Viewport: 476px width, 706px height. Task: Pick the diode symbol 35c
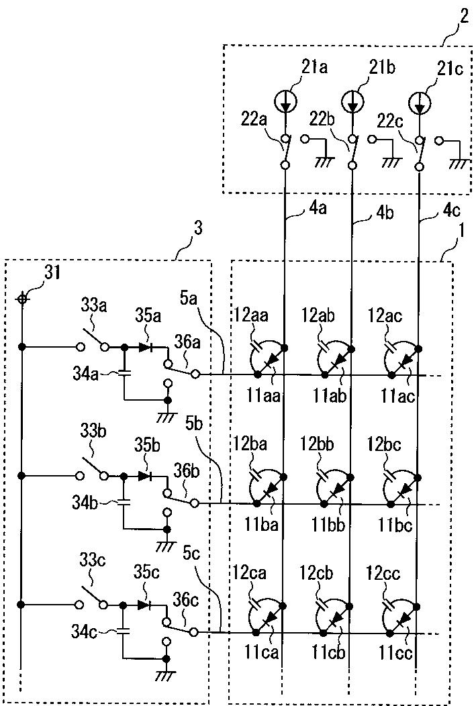(145, 605)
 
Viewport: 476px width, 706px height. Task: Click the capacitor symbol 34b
(122, 501)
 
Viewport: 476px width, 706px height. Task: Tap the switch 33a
(93, 340)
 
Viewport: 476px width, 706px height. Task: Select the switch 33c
(92, 598)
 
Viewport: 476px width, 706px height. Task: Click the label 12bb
(317, 444)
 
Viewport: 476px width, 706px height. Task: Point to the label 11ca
(262, 652)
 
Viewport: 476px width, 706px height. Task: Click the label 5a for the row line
(189, 299)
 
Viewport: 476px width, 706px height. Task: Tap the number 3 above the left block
(197, 229)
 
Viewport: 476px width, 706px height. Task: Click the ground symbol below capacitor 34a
(168, 417)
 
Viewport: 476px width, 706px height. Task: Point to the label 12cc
(383, 573)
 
